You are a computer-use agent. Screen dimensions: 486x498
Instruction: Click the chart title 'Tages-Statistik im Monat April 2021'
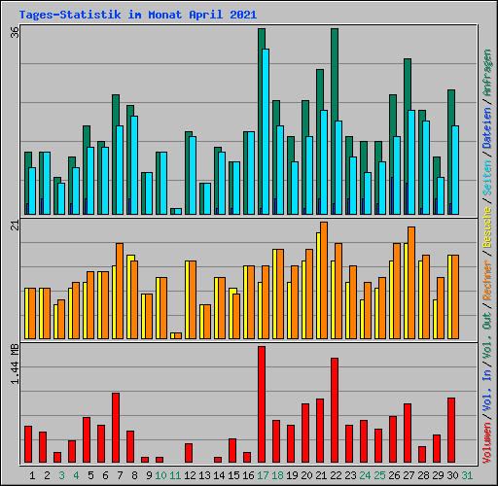point(137,15)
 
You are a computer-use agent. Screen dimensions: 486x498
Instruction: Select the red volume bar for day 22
point(335,410)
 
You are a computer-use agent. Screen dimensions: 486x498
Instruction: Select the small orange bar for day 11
point(176,335)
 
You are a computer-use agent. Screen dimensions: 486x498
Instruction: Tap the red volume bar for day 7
point(116,428)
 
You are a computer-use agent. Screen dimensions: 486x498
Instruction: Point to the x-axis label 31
point(467,475)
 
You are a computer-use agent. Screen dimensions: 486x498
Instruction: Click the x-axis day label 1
point(33,475)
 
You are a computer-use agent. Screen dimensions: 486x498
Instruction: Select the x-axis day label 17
point(263,475)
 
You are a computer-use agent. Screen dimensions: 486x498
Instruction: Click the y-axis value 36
point(15,32)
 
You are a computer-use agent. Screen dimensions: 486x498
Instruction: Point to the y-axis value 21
point(15,226)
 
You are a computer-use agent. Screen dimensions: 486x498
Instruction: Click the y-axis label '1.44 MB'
point(15,364)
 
